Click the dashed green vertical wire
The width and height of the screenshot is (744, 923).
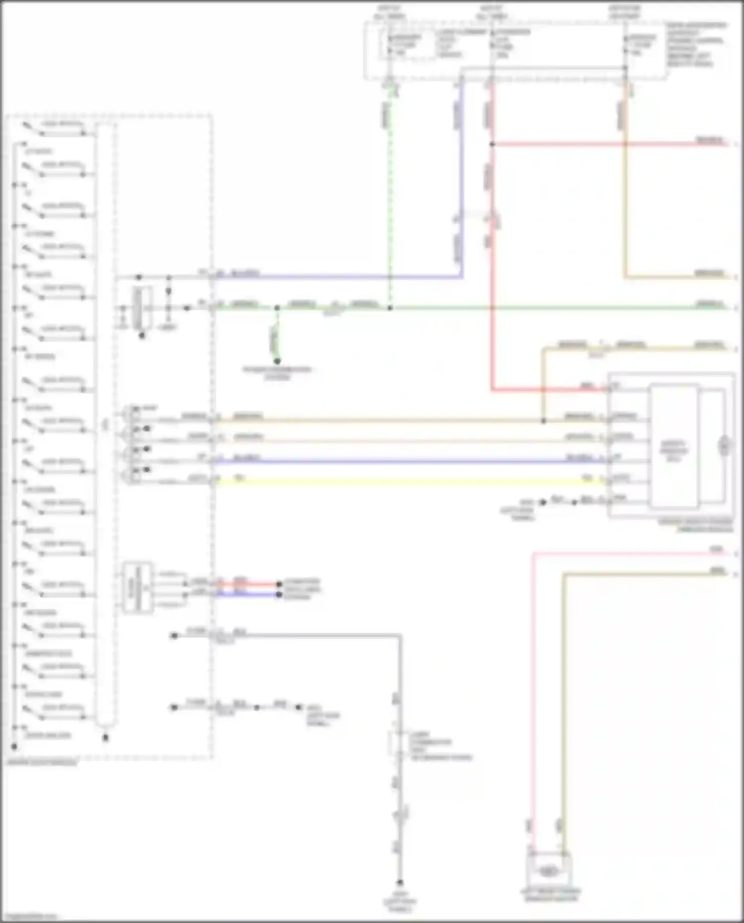coord(390,198)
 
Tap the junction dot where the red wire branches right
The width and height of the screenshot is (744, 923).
coord(492,144)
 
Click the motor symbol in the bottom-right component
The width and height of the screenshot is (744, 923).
coord(548,871)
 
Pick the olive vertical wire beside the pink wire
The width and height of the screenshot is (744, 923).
coord(563,694)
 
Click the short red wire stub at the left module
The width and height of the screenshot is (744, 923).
coord(248,584)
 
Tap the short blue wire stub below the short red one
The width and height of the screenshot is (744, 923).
coord(248,594)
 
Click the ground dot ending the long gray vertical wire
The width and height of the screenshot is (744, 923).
coord(400,883)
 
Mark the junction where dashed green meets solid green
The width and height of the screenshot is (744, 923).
coord(390,308)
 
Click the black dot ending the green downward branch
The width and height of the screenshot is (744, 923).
coord(277,361)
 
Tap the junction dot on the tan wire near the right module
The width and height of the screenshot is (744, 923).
coord(544,421)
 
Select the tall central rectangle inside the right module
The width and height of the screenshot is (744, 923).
coord(674,446)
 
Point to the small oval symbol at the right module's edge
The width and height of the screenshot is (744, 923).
coord(724,446)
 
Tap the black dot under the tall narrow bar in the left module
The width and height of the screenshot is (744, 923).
coord(105,738)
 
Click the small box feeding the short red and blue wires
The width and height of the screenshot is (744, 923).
coord(137,588)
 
